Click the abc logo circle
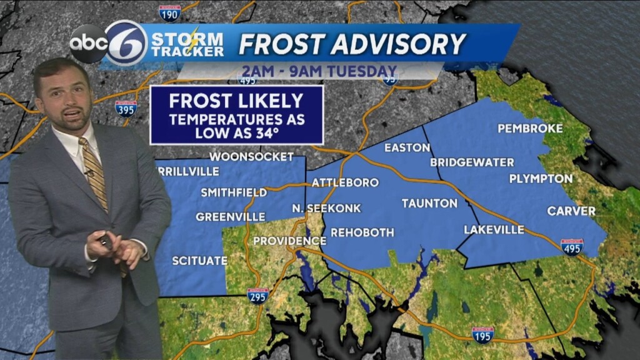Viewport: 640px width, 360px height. coord(87,43)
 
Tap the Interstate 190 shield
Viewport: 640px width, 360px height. coord(169,13)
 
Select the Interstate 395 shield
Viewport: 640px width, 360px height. coord(126,108)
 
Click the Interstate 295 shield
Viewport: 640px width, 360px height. coord(257,295)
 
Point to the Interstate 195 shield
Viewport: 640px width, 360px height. coord(482,334)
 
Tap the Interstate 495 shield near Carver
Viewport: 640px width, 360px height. coord(571,247)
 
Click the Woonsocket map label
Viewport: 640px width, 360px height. coord(251,156)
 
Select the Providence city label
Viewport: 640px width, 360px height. coord(289,241)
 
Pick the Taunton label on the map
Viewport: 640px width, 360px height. coord(429,203)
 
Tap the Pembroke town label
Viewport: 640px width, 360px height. coord(530,129)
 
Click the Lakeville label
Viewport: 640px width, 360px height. coord(494,229)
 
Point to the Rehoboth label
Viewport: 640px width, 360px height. coord(362,232)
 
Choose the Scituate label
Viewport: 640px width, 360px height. coord(199,261)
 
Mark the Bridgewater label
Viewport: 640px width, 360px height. coord(472,162)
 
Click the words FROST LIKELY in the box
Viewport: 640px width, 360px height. coord(236,101)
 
